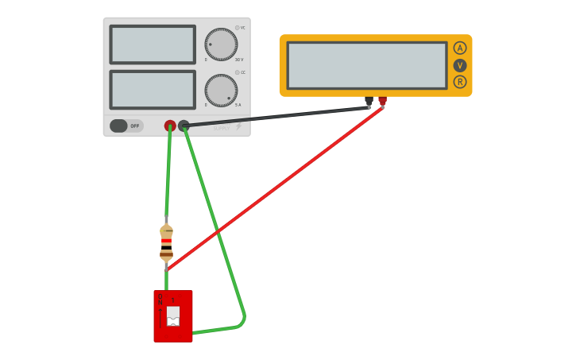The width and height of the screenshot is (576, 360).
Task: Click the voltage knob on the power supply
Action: click(221, 45)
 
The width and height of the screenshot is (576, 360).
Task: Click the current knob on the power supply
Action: click(221, 91)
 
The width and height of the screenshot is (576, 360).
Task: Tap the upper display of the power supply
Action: click(153, 45)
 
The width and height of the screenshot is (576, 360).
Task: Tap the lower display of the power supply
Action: click(153, 90)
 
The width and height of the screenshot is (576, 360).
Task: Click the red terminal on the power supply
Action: click(170, 126)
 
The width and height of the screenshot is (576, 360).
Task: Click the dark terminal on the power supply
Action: click(184, 126)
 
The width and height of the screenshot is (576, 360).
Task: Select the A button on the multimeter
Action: click(460, 48)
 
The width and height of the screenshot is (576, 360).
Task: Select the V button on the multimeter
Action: click(460, 65)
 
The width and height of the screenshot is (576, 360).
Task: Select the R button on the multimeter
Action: click(460, 82)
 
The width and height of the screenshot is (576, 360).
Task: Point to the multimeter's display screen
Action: click(367, 65)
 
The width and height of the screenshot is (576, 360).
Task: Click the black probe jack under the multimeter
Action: click(369, 101)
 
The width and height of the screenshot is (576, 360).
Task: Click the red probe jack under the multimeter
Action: click(382, 101)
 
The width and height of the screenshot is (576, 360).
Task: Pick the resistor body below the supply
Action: click(166, 243)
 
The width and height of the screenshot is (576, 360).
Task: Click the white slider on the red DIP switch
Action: click(173, 315)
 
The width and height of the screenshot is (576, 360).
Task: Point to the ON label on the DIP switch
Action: click(160, 299)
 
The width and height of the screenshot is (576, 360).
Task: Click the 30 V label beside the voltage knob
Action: click(239, 60)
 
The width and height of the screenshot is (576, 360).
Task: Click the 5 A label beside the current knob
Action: click(238, 105)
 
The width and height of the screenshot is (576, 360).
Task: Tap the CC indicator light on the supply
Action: click(237, 72)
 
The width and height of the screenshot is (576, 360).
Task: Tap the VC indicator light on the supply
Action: click(237, 28)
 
